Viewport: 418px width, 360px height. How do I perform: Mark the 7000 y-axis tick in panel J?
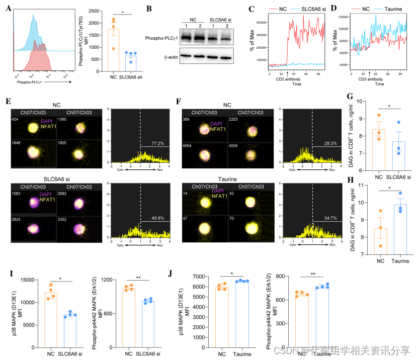[198, 277]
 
